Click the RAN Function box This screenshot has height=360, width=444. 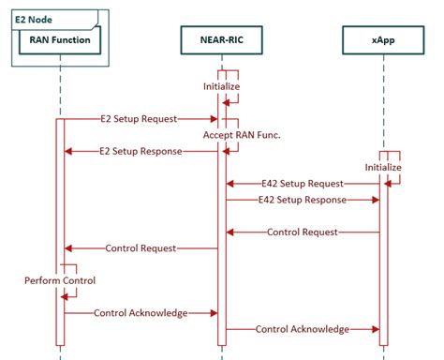[60, 41]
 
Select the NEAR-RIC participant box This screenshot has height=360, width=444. [222, 41]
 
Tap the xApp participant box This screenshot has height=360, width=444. [383, 41]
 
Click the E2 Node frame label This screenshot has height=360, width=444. [34, 16]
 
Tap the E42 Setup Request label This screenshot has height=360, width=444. [303, 184]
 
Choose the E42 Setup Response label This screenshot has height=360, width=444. [303, 200]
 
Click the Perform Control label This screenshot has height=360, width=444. [60, 280]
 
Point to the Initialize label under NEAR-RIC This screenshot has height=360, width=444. [222, 87]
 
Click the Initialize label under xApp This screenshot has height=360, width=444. [383, 168]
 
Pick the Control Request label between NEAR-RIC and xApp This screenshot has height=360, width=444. [303, 232]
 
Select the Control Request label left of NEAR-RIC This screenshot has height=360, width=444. [141, 248]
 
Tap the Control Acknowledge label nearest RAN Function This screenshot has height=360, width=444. [141, 312]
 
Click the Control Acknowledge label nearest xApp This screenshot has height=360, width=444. [303, 329]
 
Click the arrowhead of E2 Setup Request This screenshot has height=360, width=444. [215, 119]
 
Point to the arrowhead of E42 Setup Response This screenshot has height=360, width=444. [377, 200]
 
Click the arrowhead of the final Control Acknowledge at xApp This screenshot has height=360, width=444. [377, 329]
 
